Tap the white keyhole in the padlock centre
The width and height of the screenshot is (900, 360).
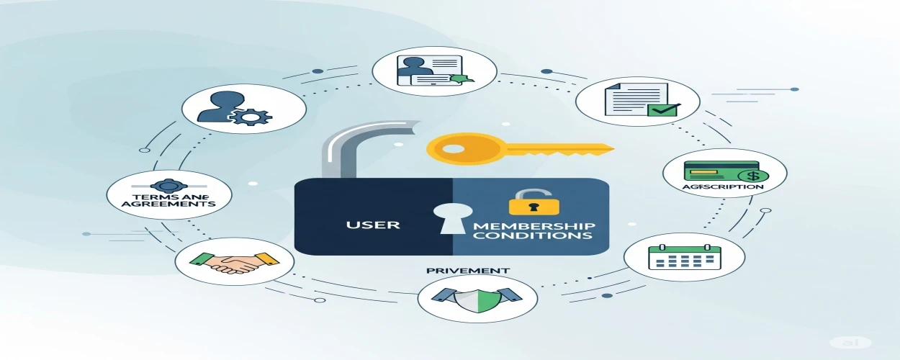[x=451, y=218]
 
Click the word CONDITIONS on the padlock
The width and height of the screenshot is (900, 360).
[x=532, y=235]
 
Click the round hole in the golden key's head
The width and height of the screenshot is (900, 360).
[x=453, y=150]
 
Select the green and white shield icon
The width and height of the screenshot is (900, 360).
[x=477, y=297]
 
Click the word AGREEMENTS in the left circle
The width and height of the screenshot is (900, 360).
[x=168, y=204]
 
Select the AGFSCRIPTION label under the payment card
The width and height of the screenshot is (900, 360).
[x=721, y=186]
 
